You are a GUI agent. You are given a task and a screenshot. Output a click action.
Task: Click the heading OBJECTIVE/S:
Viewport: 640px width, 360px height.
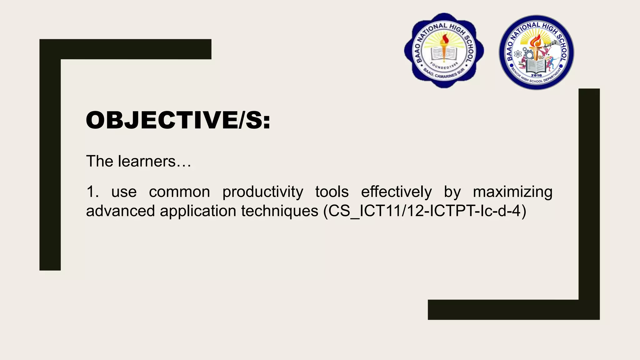click(x=178, y=120)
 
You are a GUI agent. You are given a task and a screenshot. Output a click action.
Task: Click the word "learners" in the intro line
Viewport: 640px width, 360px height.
click(x=147, y=162)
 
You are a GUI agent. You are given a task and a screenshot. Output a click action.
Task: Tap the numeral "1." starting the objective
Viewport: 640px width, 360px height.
click(x=92, y=192)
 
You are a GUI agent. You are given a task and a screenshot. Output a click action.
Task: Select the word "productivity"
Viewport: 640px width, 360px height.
click(x=262, y=192)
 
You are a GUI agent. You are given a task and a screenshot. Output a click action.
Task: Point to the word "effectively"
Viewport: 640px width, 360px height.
click(x=396, y=192)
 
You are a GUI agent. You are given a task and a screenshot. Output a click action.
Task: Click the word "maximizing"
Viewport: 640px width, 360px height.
click(x=512, y=192)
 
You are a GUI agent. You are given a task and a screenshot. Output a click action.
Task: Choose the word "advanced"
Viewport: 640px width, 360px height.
click(x=120, y=211)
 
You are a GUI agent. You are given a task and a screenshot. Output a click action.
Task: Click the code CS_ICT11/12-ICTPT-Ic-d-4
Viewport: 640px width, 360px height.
click(x=425, y=211)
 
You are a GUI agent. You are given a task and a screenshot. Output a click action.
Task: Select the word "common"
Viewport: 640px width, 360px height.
click(x=179, y=192)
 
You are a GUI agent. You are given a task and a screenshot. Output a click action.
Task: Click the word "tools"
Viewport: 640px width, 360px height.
click(x=332, y=192)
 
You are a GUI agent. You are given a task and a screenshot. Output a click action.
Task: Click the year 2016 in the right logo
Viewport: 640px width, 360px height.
click(x=536, y=75)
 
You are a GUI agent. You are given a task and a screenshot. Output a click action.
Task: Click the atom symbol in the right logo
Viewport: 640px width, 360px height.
click(x=517, y=54)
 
